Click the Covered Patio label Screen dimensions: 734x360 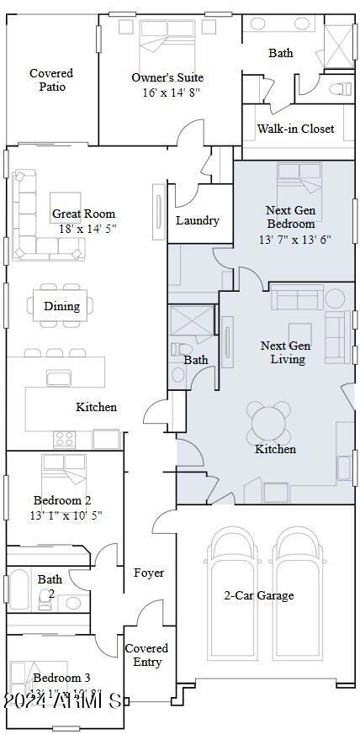[51, 80]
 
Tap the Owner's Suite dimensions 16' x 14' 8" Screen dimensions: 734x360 [167, 92]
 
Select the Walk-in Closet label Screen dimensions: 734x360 [295, 129]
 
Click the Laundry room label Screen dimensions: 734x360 [198, 220]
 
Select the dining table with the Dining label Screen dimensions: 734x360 [62, 306]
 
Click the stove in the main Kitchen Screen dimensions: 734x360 [66, 438]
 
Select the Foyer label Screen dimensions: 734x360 [149, 573]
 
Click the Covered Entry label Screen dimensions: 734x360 [146, 655]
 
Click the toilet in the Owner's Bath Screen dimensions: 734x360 [341, 87]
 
